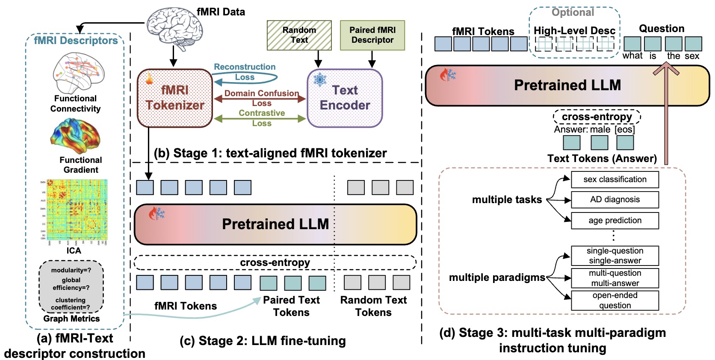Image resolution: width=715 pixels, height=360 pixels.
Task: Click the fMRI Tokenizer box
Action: [x=174, y=98]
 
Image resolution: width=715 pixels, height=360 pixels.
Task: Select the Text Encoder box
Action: [x=345, y=98]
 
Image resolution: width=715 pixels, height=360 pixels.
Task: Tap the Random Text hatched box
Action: [x=299, y=35]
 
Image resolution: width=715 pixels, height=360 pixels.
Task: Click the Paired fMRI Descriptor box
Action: [x=372, y=35]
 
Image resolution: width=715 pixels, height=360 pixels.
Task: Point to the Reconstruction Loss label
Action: [x=245, y=72]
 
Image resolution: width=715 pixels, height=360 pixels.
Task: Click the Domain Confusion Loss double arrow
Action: [x=260, y=99]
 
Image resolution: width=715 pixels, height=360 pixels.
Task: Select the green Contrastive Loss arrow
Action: [x=260, y=119]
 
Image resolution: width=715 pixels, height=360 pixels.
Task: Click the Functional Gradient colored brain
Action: [x=76, y=136]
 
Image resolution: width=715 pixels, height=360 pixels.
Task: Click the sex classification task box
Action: [x=615, y=180]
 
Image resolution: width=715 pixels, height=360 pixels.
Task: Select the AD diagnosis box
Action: [x=615, y=200]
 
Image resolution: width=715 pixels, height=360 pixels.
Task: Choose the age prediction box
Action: [x=615, y=221]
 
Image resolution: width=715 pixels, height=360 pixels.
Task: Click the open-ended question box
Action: [x=615, y=300]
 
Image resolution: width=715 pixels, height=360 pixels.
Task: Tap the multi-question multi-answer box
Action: [x=615, y=278]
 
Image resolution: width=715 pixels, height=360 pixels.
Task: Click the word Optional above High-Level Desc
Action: [x=573, y=12]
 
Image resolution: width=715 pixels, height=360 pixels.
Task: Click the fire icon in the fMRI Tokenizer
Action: [x=150, y=79]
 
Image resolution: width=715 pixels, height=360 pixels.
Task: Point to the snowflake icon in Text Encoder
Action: [x=320, y=80]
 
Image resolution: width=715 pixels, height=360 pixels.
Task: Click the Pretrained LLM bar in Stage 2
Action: [x=275, y=224]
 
